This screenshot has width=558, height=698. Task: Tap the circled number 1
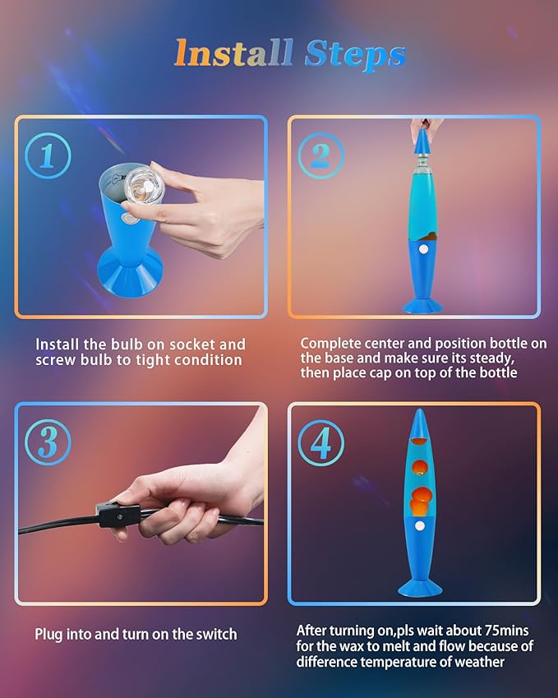[x=48, y=155]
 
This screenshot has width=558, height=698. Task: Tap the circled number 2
[x=321, y=155]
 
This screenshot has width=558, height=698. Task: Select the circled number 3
[x=48, y=443]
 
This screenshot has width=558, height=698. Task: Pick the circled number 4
[x=321, y=443]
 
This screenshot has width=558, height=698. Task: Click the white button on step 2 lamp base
[x=423, y=247]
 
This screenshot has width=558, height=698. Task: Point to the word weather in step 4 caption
[x=475, y=662]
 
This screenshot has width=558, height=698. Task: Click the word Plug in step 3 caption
[x=49, y=634]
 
